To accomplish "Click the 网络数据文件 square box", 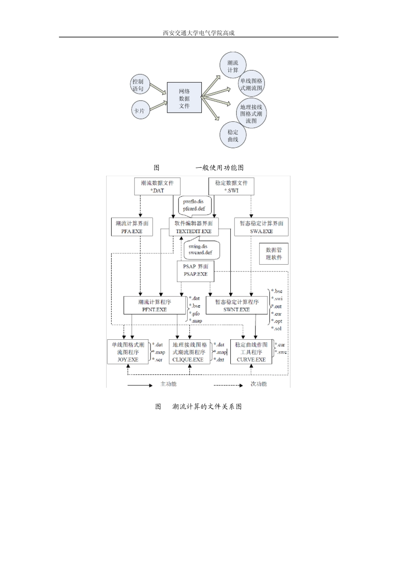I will click(x=184, y=98).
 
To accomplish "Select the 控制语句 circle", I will click(x=138, y=85).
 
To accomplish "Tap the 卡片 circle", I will click(x=139, y=111).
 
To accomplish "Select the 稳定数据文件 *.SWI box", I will click(x=231, y=187).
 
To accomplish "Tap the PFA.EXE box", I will click(x=132, y=227).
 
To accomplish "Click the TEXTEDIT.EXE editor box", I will click(x=193, y=227).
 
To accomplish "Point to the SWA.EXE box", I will click(x=261, y=227).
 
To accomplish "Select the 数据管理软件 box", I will click(x=274, y=253).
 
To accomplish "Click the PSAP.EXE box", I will click(x=196, y=270).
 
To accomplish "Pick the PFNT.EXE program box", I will click(x=155, y=306).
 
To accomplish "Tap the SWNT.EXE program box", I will click(x=237, y=306).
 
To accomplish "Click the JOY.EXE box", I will click(x=128, y=352).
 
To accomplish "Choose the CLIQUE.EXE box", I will click(x=190, y=352).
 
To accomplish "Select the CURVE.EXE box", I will click(x=251, y=352).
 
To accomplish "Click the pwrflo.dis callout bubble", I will click(x=194, y=205).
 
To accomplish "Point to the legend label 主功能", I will click(x=168, y=384).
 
